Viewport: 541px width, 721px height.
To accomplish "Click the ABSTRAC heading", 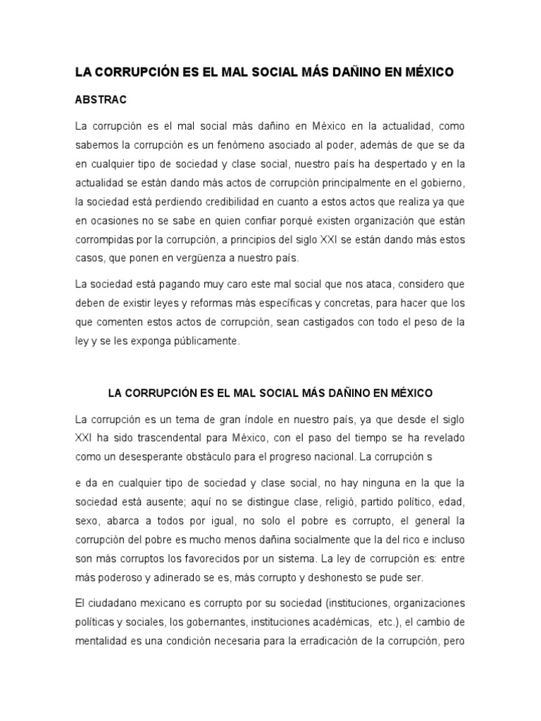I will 101,100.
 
